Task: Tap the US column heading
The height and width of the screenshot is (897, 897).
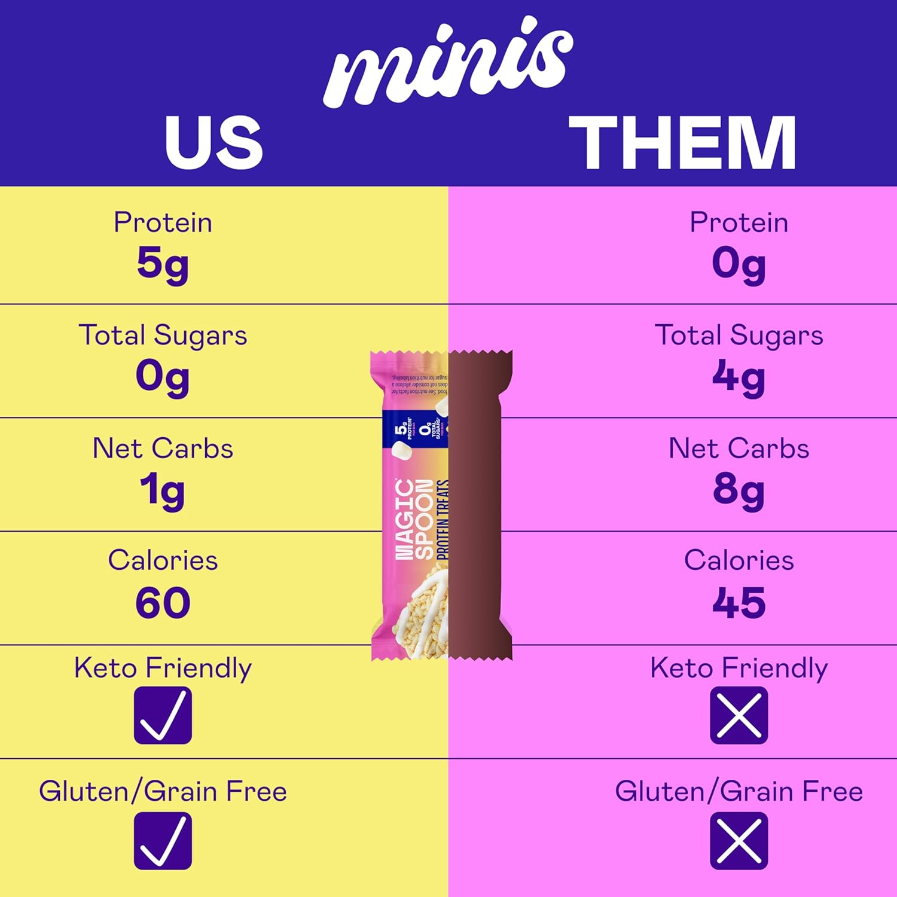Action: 213,142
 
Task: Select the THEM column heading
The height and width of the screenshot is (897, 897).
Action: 682,142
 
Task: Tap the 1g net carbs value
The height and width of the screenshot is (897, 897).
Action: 163,490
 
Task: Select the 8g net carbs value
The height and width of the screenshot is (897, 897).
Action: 739,490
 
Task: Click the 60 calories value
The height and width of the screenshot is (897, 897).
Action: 163,603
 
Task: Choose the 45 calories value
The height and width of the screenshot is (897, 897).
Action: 739,603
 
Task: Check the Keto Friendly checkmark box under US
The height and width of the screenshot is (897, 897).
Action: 163,715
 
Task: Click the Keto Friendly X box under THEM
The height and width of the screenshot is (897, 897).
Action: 739,715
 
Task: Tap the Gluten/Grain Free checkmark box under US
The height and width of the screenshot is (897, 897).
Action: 163,841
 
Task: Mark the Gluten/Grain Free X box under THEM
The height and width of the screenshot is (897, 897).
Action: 739,841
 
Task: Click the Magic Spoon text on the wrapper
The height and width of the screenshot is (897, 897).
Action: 414,519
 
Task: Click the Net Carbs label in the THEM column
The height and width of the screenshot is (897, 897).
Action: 739,448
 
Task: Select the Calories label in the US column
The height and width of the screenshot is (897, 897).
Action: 163,561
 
